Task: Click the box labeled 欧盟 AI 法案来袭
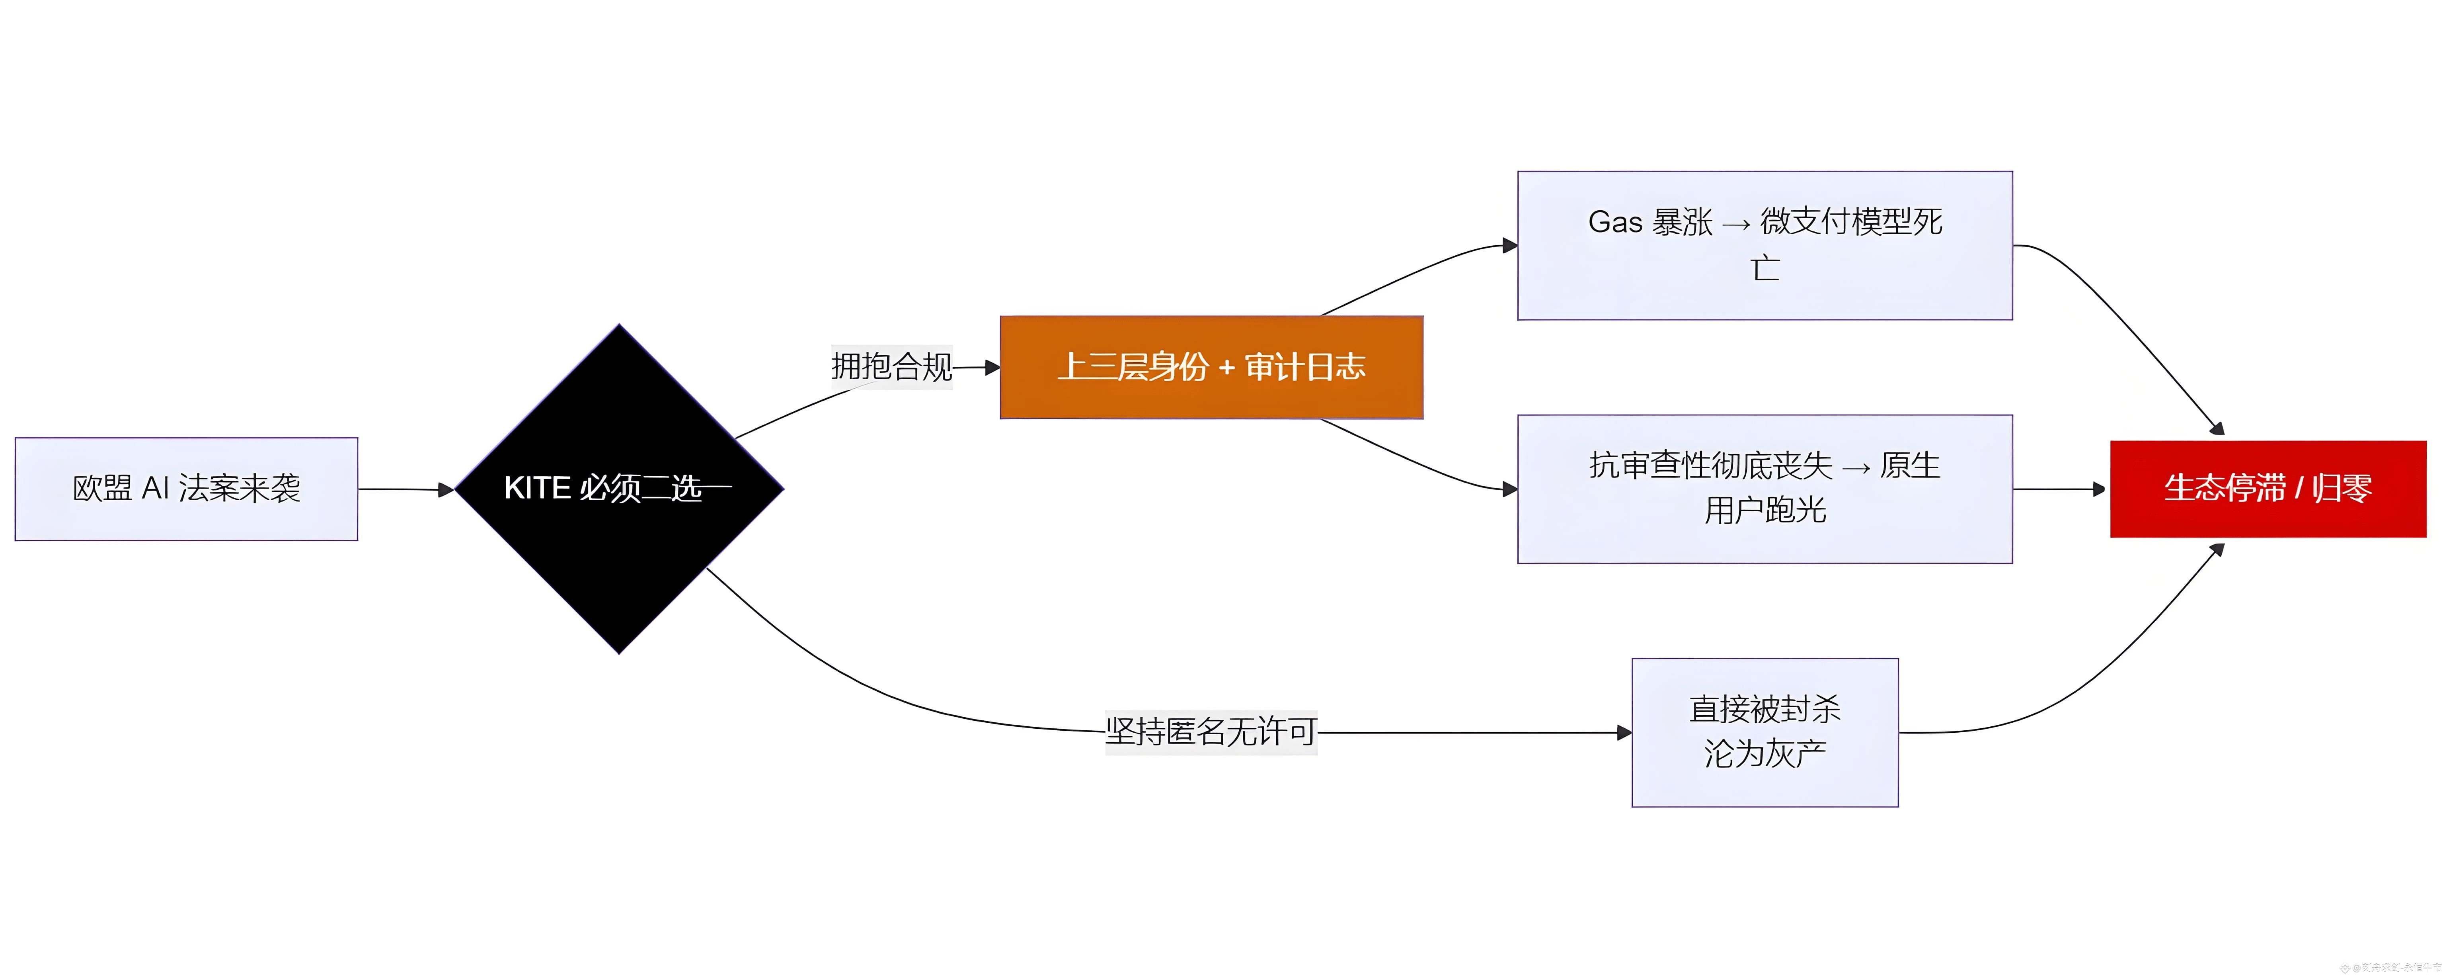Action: pos(186,489)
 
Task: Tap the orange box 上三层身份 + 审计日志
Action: pos(1211,368)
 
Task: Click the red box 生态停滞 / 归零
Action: pos(2268,489)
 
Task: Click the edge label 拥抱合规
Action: pos(891,366)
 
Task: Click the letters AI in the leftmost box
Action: pos(155,488)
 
